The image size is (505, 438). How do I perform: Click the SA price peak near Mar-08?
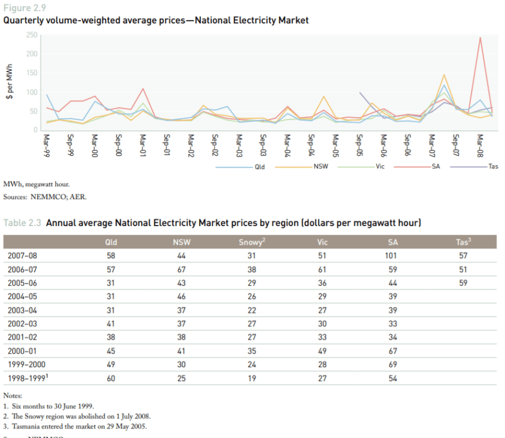480,38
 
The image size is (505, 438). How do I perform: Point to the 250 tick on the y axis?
32,36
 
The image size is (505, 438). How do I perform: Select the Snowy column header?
252,242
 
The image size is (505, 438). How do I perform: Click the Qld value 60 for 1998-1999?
111,378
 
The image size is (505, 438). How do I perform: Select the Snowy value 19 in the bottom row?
252,378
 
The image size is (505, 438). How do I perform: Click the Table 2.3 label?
22,223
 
